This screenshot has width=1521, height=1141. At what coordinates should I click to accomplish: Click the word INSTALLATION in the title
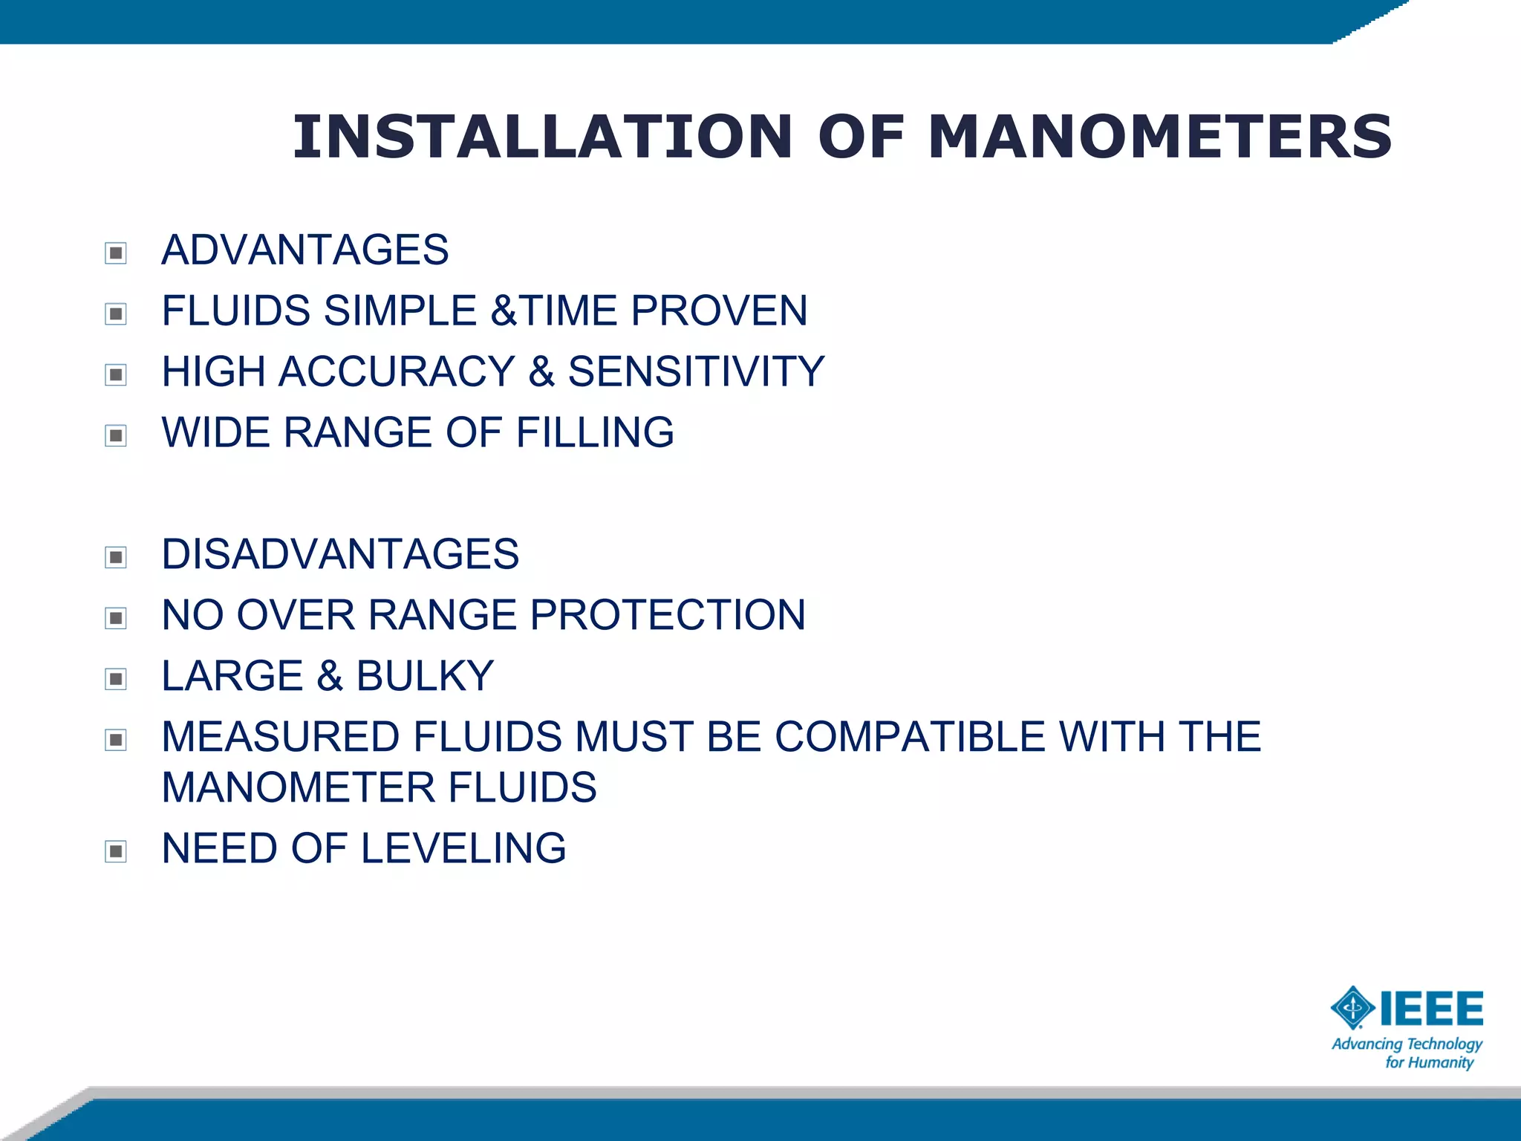(542, 137)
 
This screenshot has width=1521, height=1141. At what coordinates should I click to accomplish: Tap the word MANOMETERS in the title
(1159, 137)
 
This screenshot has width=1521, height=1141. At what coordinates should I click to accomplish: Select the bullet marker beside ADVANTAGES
(116, 253)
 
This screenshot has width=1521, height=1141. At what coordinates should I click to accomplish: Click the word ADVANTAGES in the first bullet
(304, 250)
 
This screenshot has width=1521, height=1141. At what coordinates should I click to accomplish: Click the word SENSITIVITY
(696, 371)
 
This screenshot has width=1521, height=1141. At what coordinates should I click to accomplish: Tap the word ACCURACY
(397, 371)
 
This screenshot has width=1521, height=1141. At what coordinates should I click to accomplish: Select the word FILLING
(595, 432)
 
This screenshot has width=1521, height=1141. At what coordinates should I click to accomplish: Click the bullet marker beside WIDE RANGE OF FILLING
(116, 435)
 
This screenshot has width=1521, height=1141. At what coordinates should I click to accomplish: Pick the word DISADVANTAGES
(340, 554)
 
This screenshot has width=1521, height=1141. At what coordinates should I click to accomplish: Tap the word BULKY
(425, 676)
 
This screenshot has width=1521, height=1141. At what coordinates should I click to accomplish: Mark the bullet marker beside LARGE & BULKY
(116, 679)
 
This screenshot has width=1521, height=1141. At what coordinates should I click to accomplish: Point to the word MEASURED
(281, 737)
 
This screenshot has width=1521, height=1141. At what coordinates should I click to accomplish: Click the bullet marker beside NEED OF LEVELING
(116, 851)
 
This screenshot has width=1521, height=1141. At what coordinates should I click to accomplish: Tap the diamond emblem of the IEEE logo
(1352, 1008)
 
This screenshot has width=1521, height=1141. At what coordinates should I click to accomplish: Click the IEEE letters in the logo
(1431, 1008)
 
